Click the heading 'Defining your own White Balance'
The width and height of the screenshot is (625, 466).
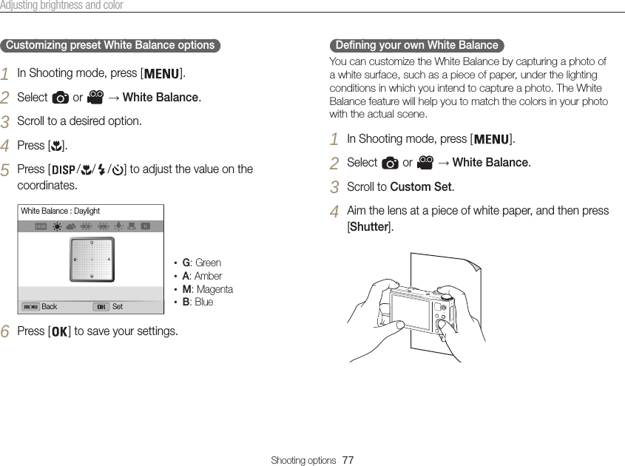click(x=416, y=45)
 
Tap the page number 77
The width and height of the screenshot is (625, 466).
click(x=348, y=460)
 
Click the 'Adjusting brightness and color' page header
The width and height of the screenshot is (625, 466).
click(x=61, y=6)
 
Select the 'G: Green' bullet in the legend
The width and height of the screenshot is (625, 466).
click(x=201, y=263)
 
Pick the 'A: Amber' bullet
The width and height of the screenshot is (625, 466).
click(x=202, y=276)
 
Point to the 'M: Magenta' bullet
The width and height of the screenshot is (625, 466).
click(x=207, y=289)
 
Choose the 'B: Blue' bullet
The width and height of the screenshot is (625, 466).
click(x=197, y=302)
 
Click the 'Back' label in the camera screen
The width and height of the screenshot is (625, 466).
click(x=50, y=307)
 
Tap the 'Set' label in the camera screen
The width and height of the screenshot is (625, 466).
click(x=118, y=307)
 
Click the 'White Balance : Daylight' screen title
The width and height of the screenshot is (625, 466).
click(x=60, y=212)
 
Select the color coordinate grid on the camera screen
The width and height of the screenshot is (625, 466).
click(x=92, y=259)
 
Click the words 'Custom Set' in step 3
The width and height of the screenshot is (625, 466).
click(x=421, y=186)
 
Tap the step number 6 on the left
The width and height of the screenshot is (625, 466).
click(x=5, y=331)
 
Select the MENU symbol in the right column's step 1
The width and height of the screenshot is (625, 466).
click(x=490, y=139)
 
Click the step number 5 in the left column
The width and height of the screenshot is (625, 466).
click(x=5, y=170)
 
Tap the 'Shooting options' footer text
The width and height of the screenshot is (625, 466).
click(x=303, y=460)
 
